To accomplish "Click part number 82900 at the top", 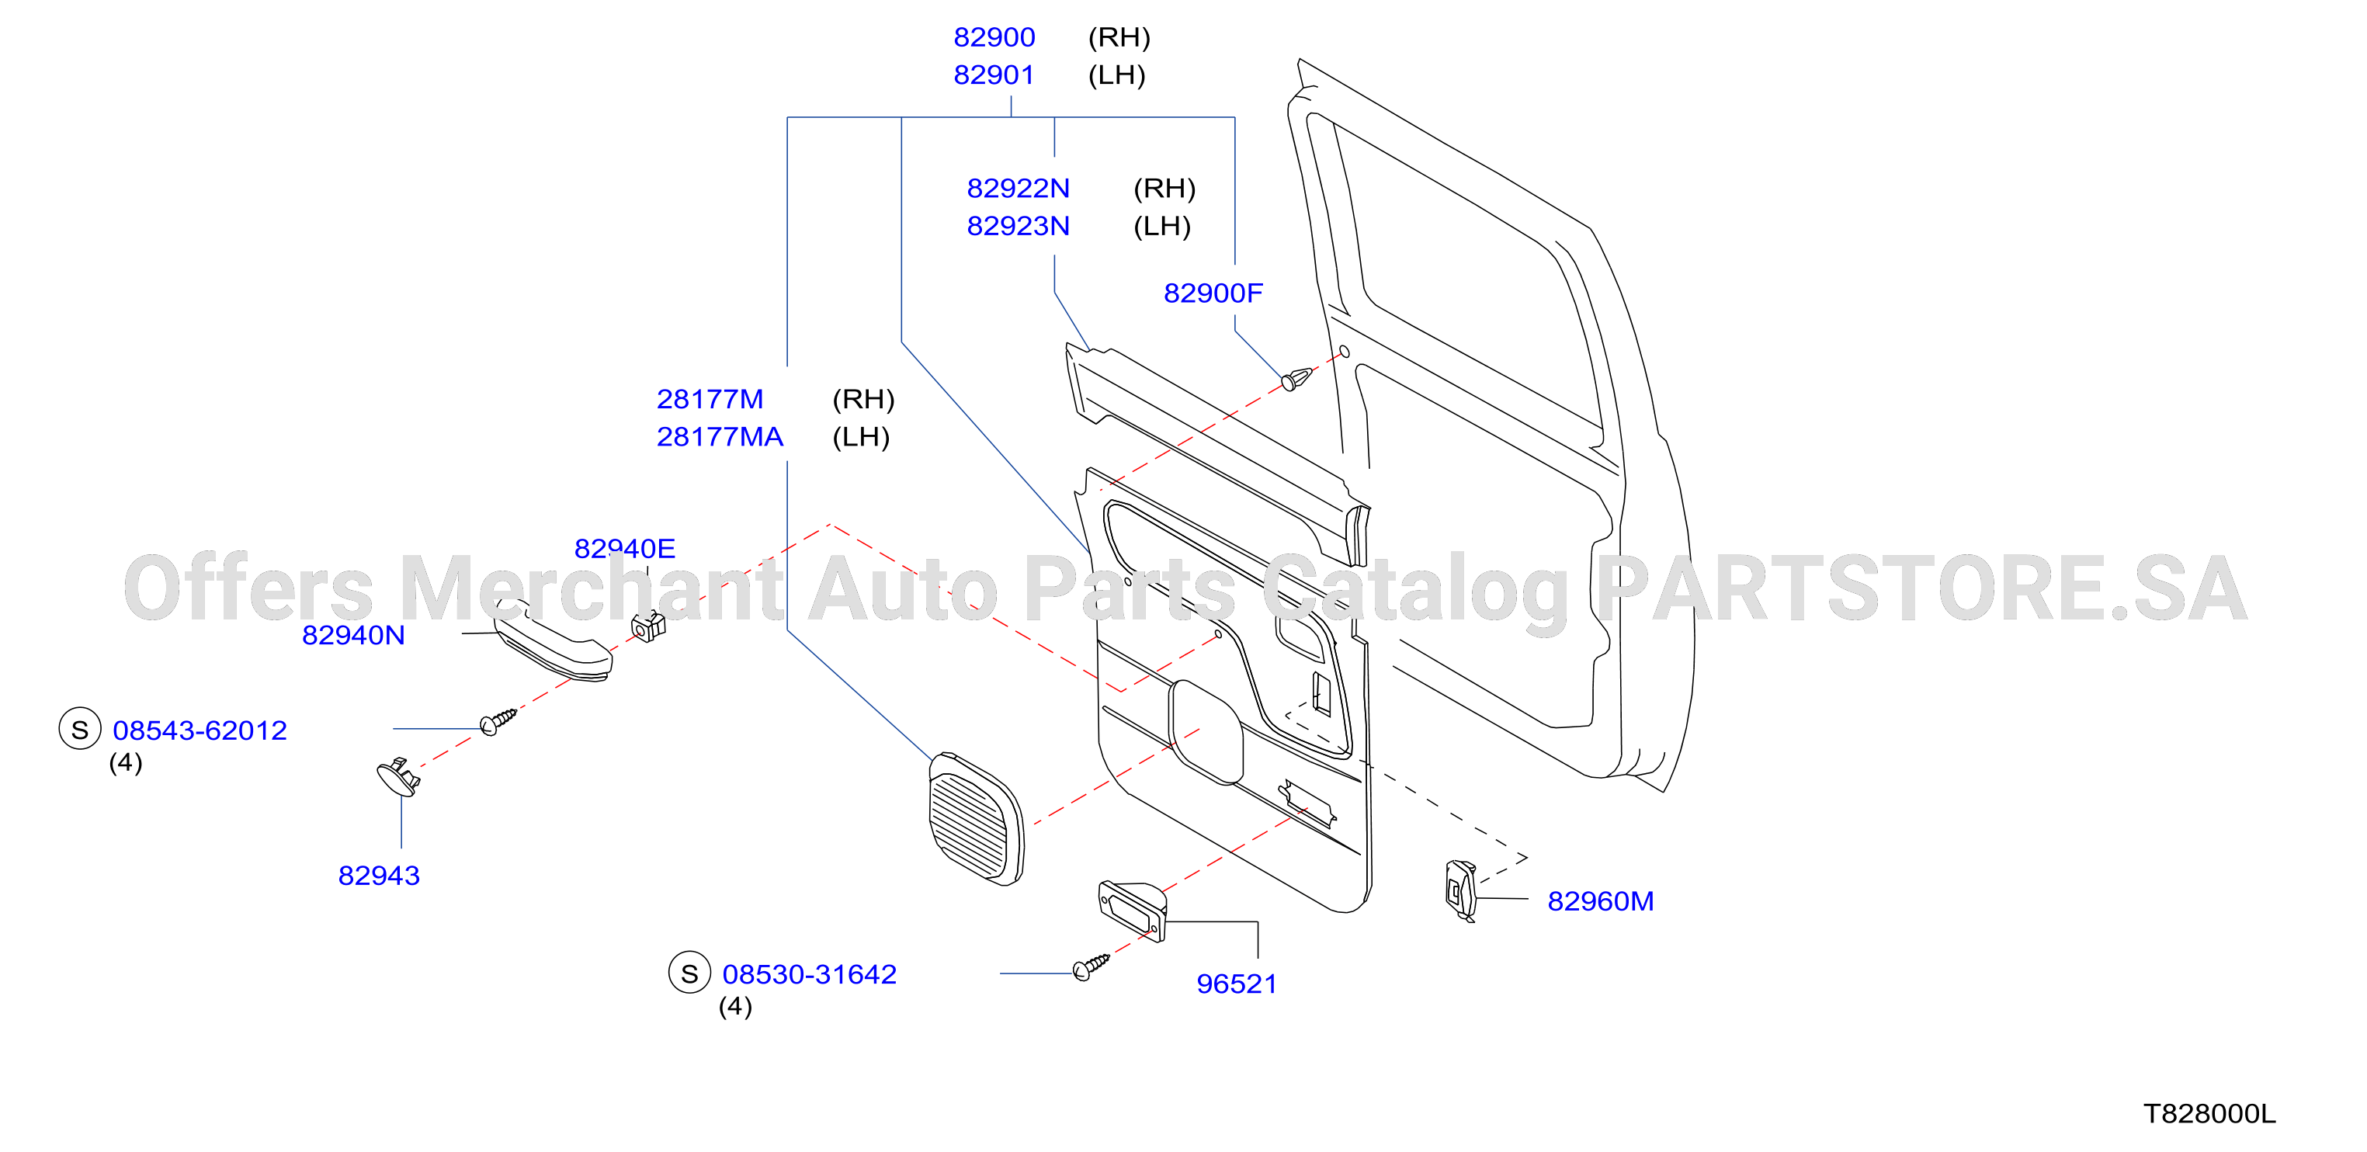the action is click(x=994, y=38).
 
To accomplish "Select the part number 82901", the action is click(x=994, y=75).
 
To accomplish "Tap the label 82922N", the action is click(x=1018, y=189).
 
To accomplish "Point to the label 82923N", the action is click(x=1018, y=226).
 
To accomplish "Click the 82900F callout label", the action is click(x=1213, y=293).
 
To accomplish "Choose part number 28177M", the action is click(x=710, y=400).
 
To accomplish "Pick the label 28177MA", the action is click(x=720, y=437).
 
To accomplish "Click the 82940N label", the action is click(x=354, y=635).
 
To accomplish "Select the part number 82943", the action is click(x=379, y=876).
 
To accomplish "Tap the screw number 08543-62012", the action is click(x=200, y=730).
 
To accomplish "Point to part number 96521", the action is click(x=1237, y=984).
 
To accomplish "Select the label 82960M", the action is click(x=1601, y=901).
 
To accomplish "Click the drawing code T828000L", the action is click(x=2210, y=1113).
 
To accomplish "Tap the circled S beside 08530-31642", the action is click(x=689, y=973).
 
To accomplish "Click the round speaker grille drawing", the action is click(x=976, y=820).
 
